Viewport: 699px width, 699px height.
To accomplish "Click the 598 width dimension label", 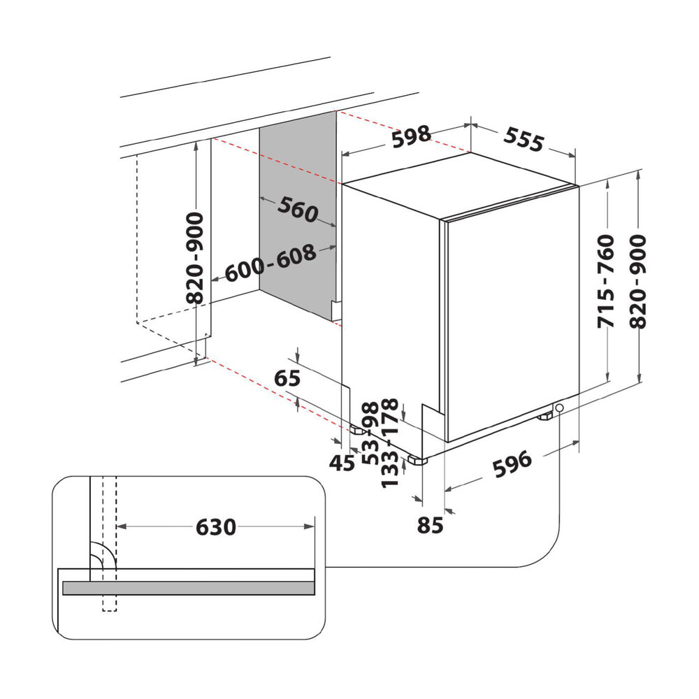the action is pyautogui.click(x=412, y=137).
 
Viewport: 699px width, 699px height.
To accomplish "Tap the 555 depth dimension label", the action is pyautogui.click(x=524, y=140).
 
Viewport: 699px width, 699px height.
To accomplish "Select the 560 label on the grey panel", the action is pyautogui.click(x=298, y=209).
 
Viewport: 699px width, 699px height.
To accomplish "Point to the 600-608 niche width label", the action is pyautogui.click(x=271, y=264).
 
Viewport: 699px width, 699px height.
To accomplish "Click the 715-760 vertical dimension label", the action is pyautogui.click(x=606, y=281).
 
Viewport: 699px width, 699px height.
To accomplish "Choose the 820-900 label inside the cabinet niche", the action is pyautogui.click(x=194, y=258).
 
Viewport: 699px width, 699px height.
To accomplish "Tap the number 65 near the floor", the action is pyautogui.click(x=287, y=378).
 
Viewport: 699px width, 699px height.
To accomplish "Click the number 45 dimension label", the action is pyautogui.click(x=342, y=463).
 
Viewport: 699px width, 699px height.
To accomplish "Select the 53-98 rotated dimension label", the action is pyautogui.click(x=370, y=433).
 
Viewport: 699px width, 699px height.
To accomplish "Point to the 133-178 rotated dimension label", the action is pyautogui.click(x=390, y=442).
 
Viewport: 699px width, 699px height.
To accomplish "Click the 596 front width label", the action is pyautogui.click(x=512, y=463).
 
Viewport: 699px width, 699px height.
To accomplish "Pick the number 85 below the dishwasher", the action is pyautogui.click(x=430, y=525).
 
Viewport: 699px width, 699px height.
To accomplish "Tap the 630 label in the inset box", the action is pyautogui.click(x=216, y=527).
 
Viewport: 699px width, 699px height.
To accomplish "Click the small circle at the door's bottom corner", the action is pyautogui.click(x=559, y=408).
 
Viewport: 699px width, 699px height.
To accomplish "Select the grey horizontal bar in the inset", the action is pyautogui.click(x=189, y=588).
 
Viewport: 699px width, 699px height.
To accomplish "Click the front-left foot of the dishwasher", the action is pyautogui.click(x=417, y=460).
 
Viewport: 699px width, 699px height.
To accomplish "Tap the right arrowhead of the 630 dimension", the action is pyautogui.click(x=309, y=526).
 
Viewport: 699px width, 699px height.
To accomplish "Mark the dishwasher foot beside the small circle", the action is pyautogui.click(x=545, y=417).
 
